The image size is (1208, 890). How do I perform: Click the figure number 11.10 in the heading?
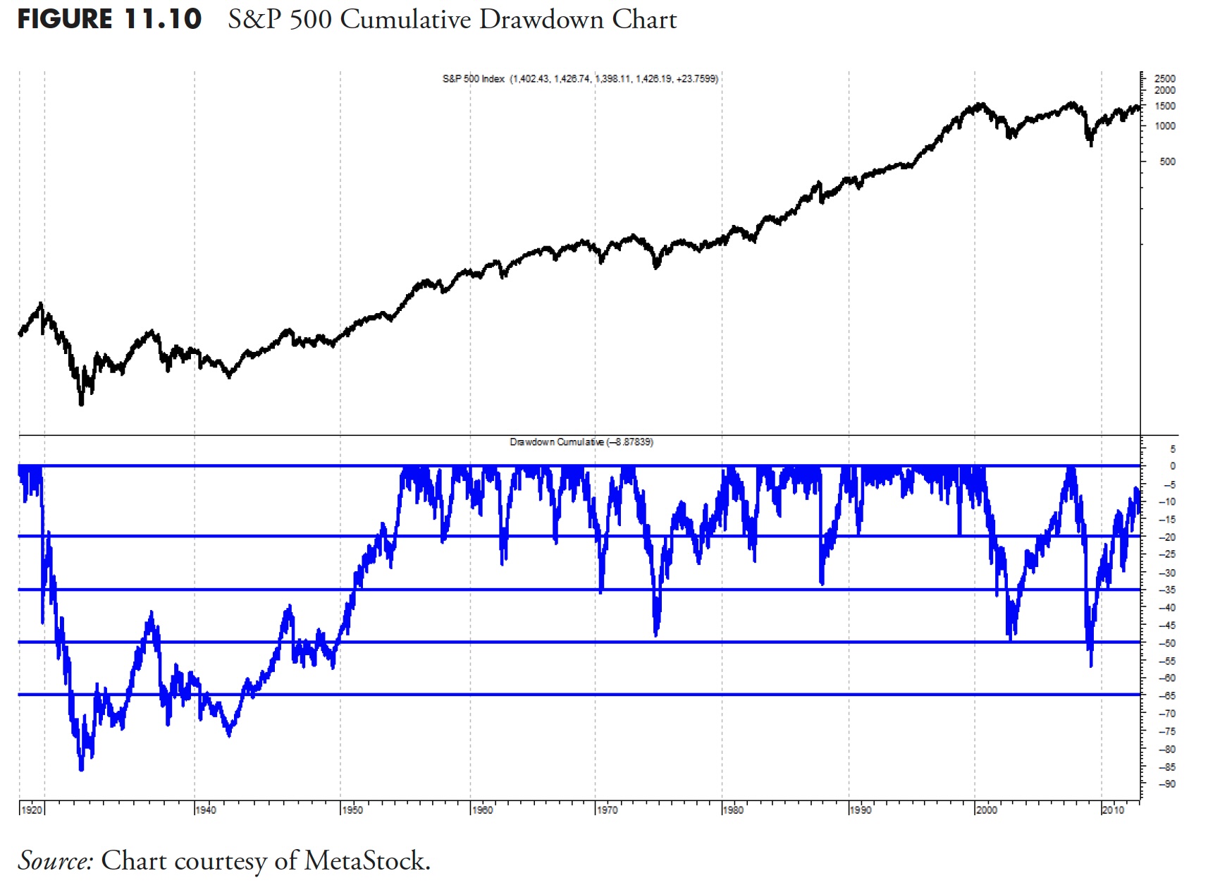[163, 19]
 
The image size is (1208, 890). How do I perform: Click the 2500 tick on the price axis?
[1165, 78]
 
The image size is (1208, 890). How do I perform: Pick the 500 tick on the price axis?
[1167, 161]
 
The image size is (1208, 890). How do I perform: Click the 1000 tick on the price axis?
[1165, 126]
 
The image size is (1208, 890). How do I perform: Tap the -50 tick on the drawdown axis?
[1167, 643]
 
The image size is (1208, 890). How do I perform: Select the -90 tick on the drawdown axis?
[1167, 784]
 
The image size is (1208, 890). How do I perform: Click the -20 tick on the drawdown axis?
[1167, 537]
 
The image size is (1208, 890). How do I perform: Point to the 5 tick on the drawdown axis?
[1172, 449]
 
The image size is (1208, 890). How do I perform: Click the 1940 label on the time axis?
[206, 810]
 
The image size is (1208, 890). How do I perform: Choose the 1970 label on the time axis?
[607, 810]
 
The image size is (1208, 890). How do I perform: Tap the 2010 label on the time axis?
[1113, 810]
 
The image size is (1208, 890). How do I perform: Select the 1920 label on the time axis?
[32, 810]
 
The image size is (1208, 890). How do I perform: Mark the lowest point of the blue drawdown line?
[81, 769]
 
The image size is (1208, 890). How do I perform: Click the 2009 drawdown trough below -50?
[1091, 665]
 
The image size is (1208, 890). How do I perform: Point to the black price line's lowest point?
[81, 405]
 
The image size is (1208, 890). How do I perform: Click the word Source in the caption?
[55, 861]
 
